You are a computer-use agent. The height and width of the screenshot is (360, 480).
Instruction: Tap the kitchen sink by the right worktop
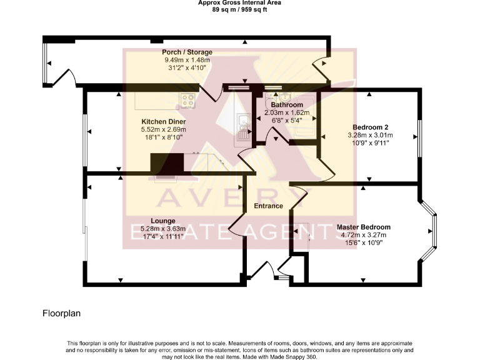[242, 123]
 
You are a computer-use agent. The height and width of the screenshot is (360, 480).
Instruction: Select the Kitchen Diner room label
[163, 121]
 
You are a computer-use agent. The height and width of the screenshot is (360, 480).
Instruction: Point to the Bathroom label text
[282, 105]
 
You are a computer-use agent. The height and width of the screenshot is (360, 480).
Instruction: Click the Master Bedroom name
[363, 227]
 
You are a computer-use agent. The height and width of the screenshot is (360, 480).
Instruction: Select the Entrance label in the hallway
[268, 206]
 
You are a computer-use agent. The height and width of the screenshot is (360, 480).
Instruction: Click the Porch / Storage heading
[187, 52]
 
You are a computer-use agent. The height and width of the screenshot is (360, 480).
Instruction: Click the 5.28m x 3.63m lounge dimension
[162, 229]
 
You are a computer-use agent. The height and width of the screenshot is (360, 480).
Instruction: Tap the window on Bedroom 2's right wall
[419, 136]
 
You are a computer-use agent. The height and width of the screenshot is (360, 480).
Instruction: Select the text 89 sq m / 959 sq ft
[239, 9]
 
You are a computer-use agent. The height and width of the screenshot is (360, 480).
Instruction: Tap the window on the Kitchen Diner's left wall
[85, 131]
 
